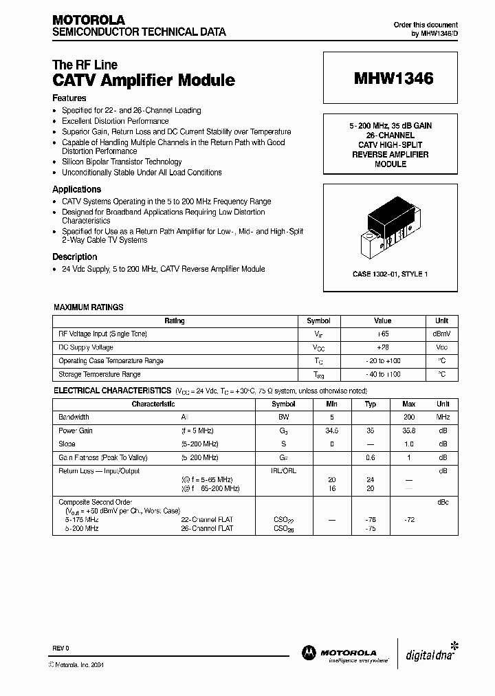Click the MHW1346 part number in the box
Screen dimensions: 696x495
pos(393,78)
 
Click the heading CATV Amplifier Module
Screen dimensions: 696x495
pos(144,80)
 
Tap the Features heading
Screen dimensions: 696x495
pos(69,98)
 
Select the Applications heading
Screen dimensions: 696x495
pos(77,189)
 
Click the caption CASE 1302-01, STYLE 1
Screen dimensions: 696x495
pos(390,274)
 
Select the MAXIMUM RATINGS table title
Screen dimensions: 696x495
pos(89,307)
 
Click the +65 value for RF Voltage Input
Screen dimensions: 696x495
pos(382,334)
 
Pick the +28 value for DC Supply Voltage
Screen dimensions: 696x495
pos(382,347)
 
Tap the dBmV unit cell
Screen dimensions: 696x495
pos(441,334)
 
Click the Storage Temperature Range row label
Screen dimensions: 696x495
pos(100,374)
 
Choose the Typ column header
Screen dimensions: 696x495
pos(370,404)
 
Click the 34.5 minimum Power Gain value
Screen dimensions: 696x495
pos(332,431)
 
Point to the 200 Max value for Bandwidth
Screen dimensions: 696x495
pos(408,417)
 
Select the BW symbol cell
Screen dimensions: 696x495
pos(283,417)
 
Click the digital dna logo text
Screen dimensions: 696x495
pos(427,654)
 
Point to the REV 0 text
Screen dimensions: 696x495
pos(61,649)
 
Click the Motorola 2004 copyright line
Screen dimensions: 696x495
pos(76,664)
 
